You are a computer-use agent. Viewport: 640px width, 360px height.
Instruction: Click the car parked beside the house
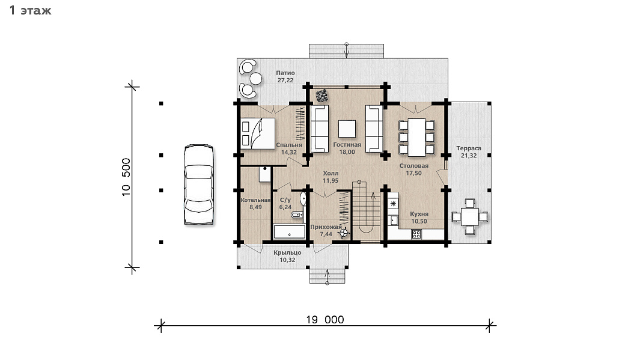(x=199, y=185)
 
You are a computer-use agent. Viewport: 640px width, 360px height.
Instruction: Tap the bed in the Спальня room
(x=258, y=133)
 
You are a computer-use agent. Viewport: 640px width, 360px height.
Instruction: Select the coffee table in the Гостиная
(x=347, y=129)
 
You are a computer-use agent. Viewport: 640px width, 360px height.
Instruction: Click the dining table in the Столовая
(x=416, y=138)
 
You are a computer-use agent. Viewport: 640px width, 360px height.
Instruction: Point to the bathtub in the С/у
(x=290, y=232)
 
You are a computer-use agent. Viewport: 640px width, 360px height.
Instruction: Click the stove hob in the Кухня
(x=416, y=234)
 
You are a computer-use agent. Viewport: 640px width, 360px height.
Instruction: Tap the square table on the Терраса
(x=470, y=217)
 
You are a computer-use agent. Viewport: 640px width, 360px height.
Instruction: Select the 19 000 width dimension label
(x=325, y=320)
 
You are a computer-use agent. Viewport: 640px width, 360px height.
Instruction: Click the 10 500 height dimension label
(x=126, y=177)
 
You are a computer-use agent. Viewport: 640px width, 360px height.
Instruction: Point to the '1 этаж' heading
(x=31, y=10)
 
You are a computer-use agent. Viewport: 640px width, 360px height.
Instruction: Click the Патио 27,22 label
(x=285, y=77)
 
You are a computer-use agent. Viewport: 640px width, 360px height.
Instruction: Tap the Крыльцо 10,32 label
(x=287, y=256)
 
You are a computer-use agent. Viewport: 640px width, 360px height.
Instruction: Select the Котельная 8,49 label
(x=255, y=204)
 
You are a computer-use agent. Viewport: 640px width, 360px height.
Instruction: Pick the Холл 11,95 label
(x=331, y=177)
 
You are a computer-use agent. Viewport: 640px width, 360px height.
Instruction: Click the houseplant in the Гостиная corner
(x=322, y=96)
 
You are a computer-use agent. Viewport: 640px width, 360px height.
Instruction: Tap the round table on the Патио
(x=256, y=78)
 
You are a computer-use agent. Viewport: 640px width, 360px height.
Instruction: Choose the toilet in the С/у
(x=297, y=215)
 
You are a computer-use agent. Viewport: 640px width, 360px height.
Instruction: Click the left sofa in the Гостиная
(x=320, y=129)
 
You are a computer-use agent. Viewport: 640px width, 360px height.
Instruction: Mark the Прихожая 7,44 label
(x=326, y=231)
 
